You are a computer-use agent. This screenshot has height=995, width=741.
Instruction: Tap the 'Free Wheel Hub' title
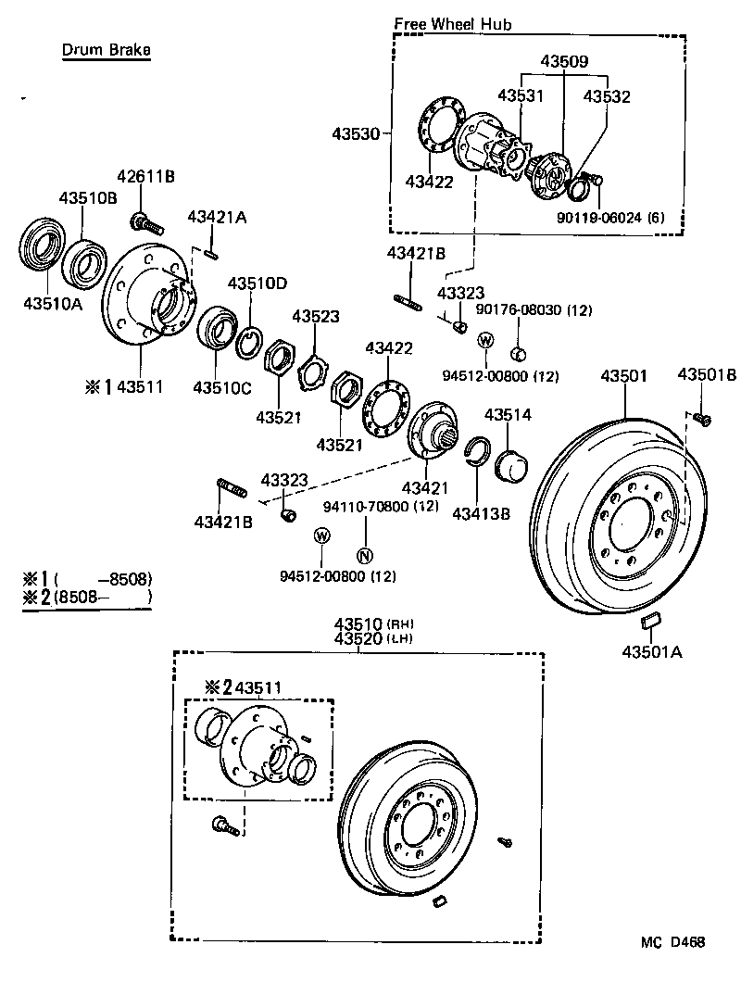pos(452,24)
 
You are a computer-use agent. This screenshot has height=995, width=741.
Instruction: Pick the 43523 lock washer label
pos(316,316)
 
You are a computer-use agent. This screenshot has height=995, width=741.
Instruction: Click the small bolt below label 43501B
pos(701,420)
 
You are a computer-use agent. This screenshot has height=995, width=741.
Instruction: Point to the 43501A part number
pos(651,652)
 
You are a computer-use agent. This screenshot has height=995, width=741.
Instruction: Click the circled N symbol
pos(364,556)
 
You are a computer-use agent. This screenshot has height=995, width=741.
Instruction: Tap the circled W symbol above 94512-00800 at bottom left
pos(321,535)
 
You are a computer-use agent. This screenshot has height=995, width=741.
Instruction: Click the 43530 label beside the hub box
pos(356,134)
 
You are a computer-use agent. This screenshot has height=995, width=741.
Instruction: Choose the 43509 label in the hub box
pos(565,62)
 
